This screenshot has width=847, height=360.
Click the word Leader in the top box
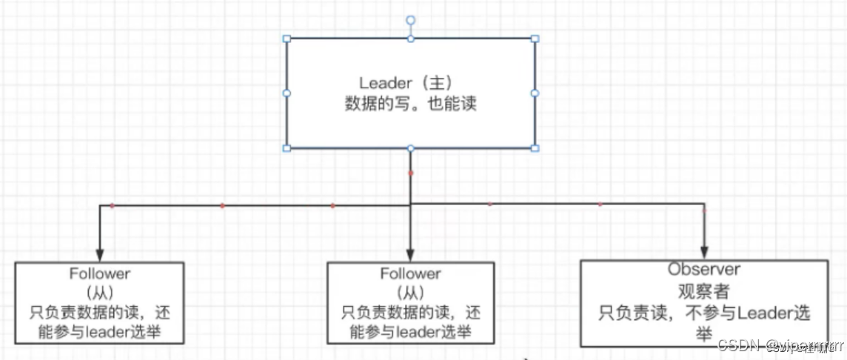pos(384,83)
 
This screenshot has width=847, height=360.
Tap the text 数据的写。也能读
pos(410,104)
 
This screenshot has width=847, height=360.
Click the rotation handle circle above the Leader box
pos(411,20)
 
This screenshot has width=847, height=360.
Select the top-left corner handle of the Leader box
pos(287,39)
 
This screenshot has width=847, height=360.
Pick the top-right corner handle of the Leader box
pos(535,39)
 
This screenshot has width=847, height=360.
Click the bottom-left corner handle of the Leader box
pos(287,148)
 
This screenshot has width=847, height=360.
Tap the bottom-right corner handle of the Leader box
pos(535,148)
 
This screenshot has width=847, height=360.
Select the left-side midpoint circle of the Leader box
pos(287,93)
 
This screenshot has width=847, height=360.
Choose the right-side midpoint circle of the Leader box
pos(535,93)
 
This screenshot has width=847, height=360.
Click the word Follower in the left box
pos(100,274)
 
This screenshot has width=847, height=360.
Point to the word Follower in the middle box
pos(411,274)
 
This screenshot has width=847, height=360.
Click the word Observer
pos(704,270)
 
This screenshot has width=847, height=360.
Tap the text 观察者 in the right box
pos(704,291)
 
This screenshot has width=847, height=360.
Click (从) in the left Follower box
pos(100,293)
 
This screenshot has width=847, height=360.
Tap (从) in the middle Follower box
pos(411,293)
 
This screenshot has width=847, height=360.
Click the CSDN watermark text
pos(740,345)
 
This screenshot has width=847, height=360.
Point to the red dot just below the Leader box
pos(411,173)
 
